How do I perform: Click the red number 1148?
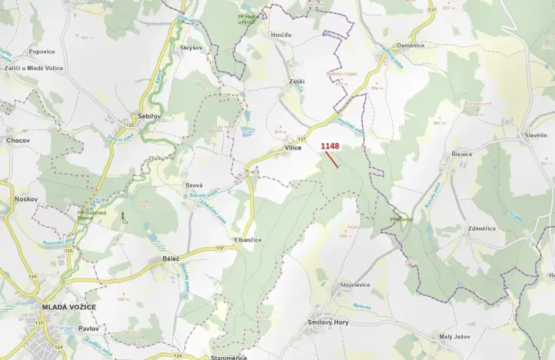click(330, 145)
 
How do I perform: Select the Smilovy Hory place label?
click(330, 322)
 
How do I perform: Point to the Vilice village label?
click(292, 148)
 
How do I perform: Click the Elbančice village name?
click(248, 240)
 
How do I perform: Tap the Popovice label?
click(42, 52)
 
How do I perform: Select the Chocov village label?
click(18, 141)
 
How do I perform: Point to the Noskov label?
click(26, 198)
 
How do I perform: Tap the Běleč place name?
click(171, 258)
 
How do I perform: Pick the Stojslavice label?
click(354, 285)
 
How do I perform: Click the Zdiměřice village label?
click(481, 228)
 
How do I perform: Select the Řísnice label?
click(462, 154)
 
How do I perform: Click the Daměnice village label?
click(410, 45)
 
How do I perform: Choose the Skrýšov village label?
click(191, 47)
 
